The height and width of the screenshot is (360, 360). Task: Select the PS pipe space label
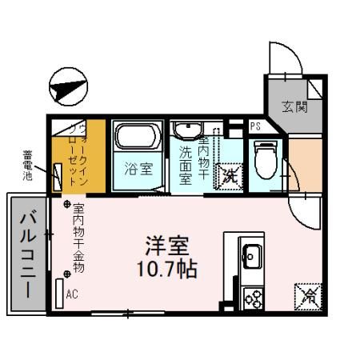coord(254,126)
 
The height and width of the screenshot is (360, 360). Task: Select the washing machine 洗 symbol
coord(230,174)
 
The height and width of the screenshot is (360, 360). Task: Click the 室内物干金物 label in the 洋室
coord(78,237)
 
